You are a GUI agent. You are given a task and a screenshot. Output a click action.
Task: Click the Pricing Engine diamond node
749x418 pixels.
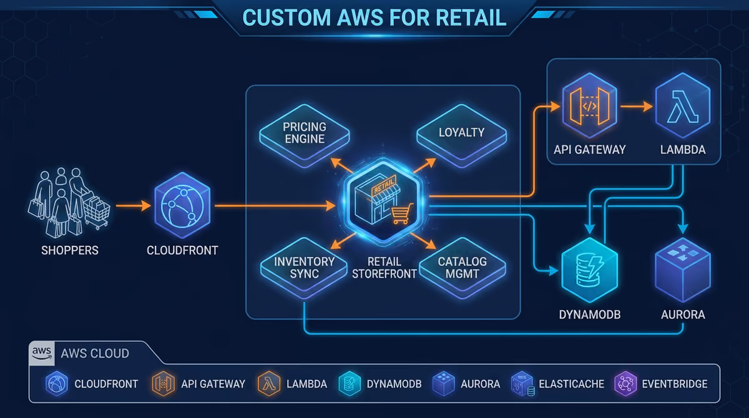305,135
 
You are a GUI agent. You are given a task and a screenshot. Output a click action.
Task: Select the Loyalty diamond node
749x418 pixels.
461,135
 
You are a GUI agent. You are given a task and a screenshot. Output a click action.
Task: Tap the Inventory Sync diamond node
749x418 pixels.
304,268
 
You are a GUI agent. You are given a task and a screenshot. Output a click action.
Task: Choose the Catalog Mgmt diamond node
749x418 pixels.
463,268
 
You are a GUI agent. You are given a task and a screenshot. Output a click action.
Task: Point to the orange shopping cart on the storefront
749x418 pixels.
401,213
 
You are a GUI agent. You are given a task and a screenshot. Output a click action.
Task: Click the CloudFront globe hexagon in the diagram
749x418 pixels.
182,205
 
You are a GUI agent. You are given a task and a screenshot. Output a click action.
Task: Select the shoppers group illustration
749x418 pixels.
69,203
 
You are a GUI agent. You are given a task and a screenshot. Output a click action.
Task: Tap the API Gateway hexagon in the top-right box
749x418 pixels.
589,105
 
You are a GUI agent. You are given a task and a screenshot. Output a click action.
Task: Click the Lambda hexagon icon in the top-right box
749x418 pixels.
682,105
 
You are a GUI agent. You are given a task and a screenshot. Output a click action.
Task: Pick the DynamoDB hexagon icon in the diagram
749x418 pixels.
589,270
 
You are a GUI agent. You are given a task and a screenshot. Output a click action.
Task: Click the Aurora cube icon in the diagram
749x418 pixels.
682,270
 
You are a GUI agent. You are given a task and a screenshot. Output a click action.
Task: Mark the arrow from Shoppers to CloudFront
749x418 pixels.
134,206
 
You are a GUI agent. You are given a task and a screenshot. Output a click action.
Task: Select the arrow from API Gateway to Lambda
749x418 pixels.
637,107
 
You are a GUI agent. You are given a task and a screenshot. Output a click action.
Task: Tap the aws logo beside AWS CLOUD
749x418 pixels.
42,353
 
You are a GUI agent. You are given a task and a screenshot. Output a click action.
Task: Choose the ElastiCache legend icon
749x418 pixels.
522,384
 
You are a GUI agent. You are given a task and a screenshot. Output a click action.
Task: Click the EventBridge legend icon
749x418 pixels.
625,384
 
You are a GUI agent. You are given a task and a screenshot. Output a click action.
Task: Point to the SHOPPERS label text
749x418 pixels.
70,250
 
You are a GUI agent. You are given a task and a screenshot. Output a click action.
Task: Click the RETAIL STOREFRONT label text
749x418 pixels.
384,268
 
